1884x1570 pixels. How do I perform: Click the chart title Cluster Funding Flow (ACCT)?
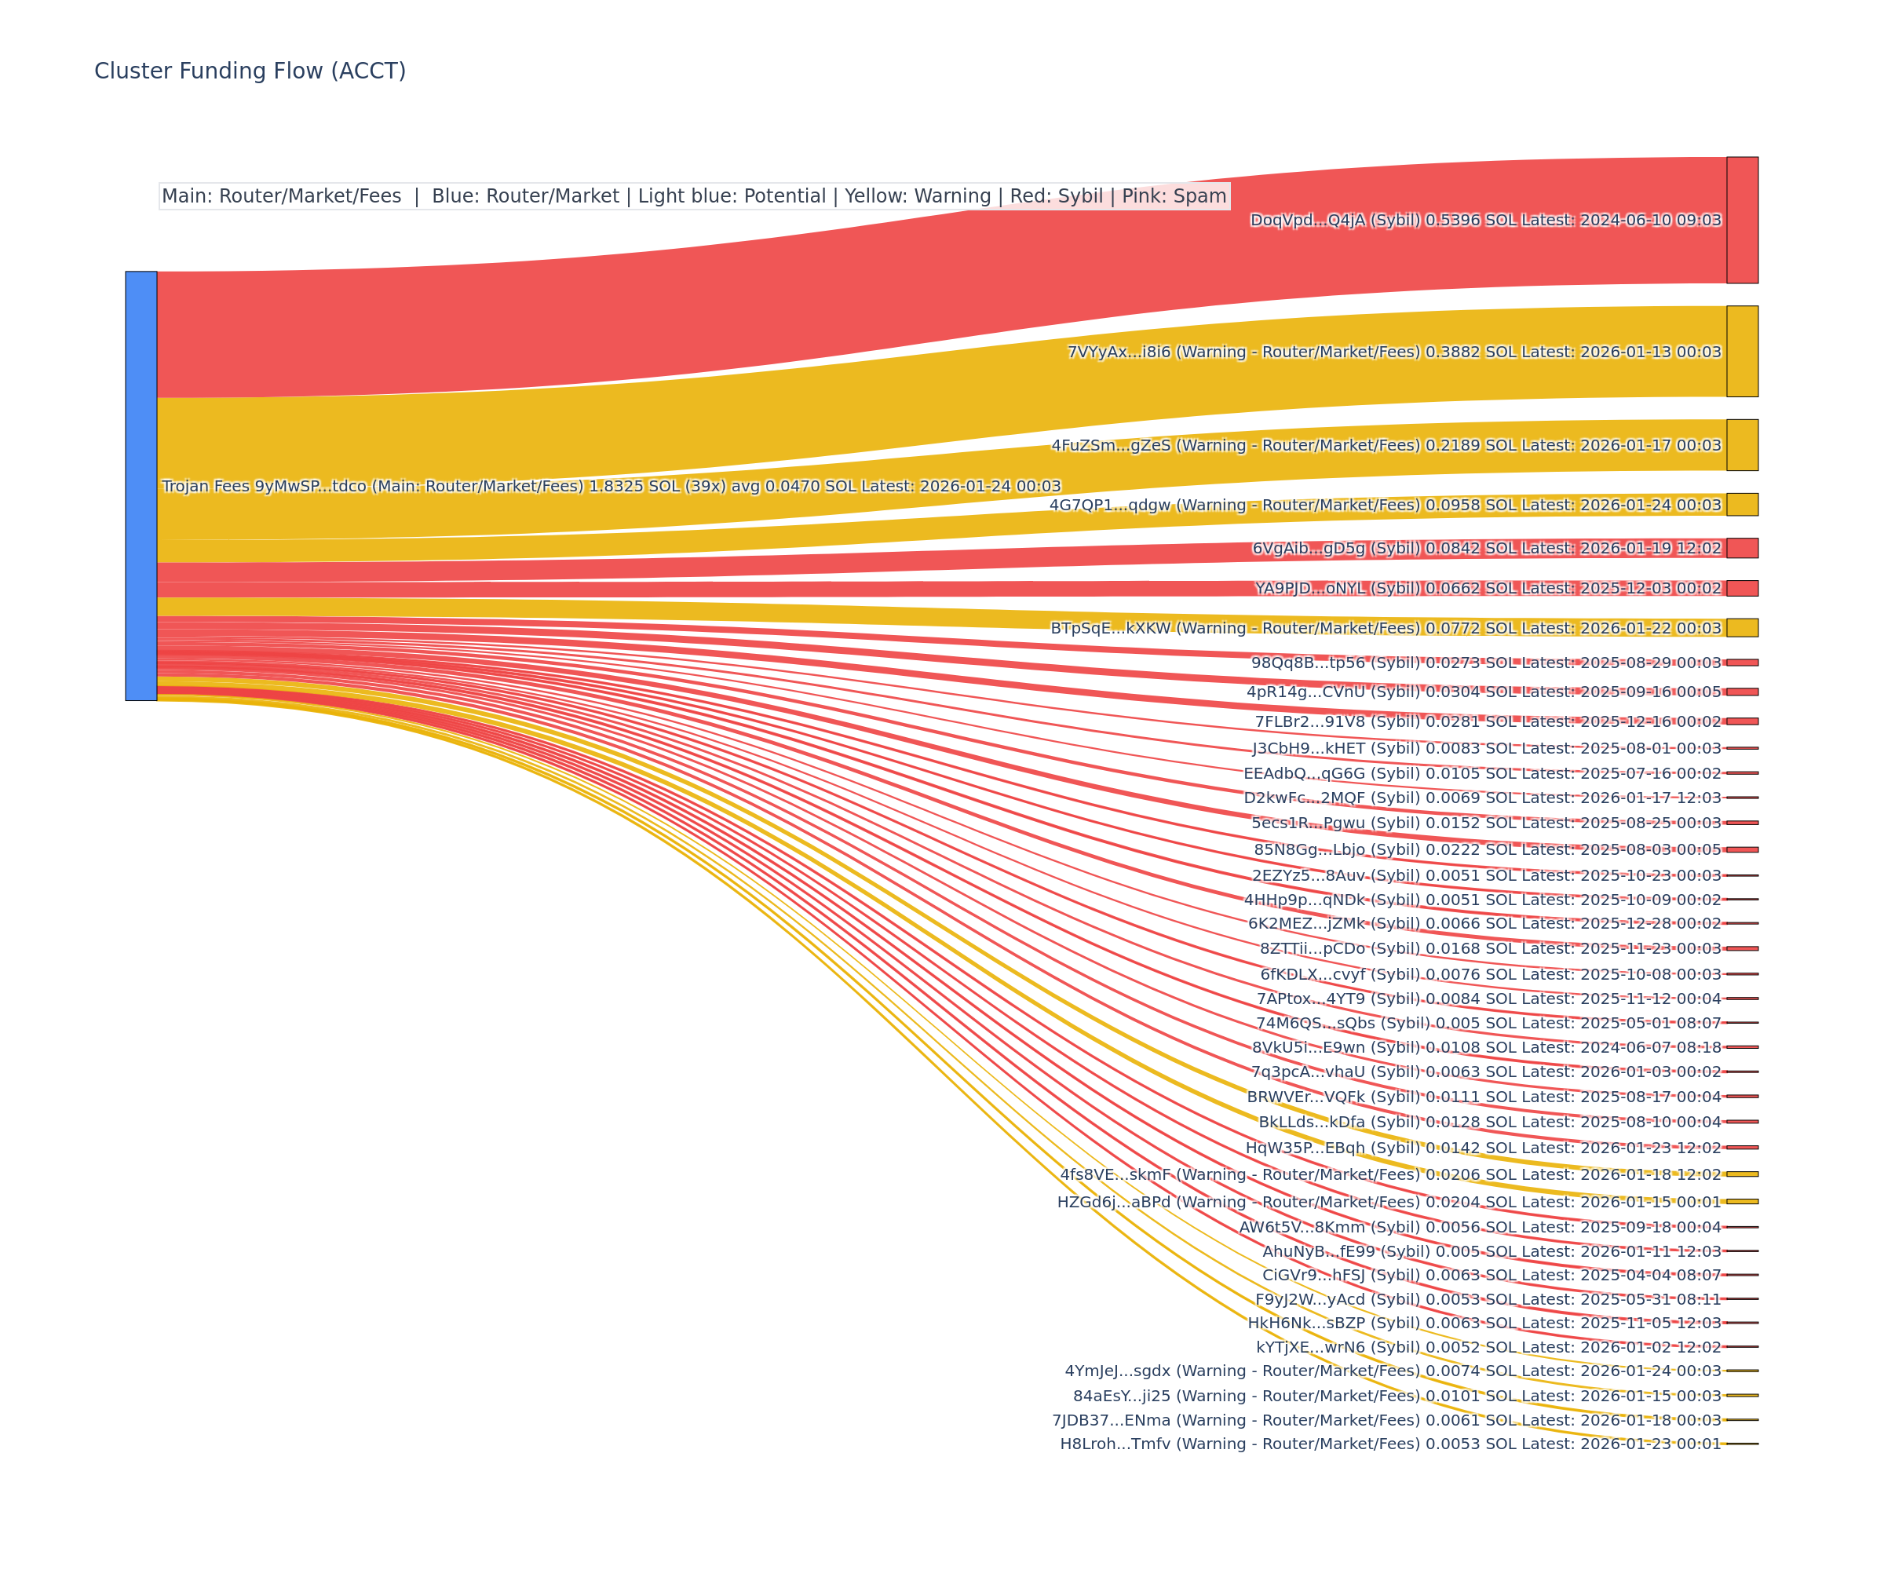tap(250, 71)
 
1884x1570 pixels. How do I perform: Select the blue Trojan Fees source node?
tap(141, 485)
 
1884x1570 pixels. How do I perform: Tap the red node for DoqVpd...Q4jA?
tap(1742, 220)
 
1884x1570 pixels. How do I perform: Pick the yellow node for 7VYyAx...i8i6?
tap(1742, 351)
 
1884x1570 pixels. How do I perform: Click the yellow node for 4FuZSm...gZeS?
tap(1742, 445)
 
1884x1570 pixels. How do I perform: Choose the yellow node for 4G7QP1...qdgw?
tap(1742, 504)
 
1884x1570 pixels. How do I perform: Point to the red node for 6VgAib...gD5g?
tap(1742, 548)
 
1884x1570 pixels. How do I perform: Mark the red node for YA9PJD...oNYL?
tap(1742, 589)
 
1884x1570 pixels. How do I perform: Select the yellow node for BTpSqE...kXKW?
tap(1742, 628)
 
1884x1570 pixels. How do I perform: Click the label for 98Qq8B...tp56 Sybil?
tap(1486, 663)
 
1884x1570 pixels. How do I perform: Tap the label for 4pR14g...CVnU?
tap(1483, 692)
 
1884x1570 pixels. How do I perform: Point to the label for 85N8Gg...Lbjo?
tap(1488, 849)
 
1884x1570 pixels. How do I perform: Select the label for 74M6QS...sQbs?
tap(1488, 1023)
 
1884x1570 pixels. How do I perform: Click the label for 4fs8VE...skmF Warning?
tap(1390, 1174)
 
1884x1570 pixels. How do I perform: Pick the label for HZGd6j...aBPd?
tap(1389, 1202)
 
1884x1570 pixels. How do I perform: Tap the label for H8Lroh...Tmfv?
tap(1390, 1444)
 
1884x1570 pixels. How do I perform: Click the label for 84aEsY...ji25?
tap(1397, 1396)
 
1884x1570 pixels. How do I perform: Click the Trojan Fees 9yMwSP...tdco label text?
tap(611, 486)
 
